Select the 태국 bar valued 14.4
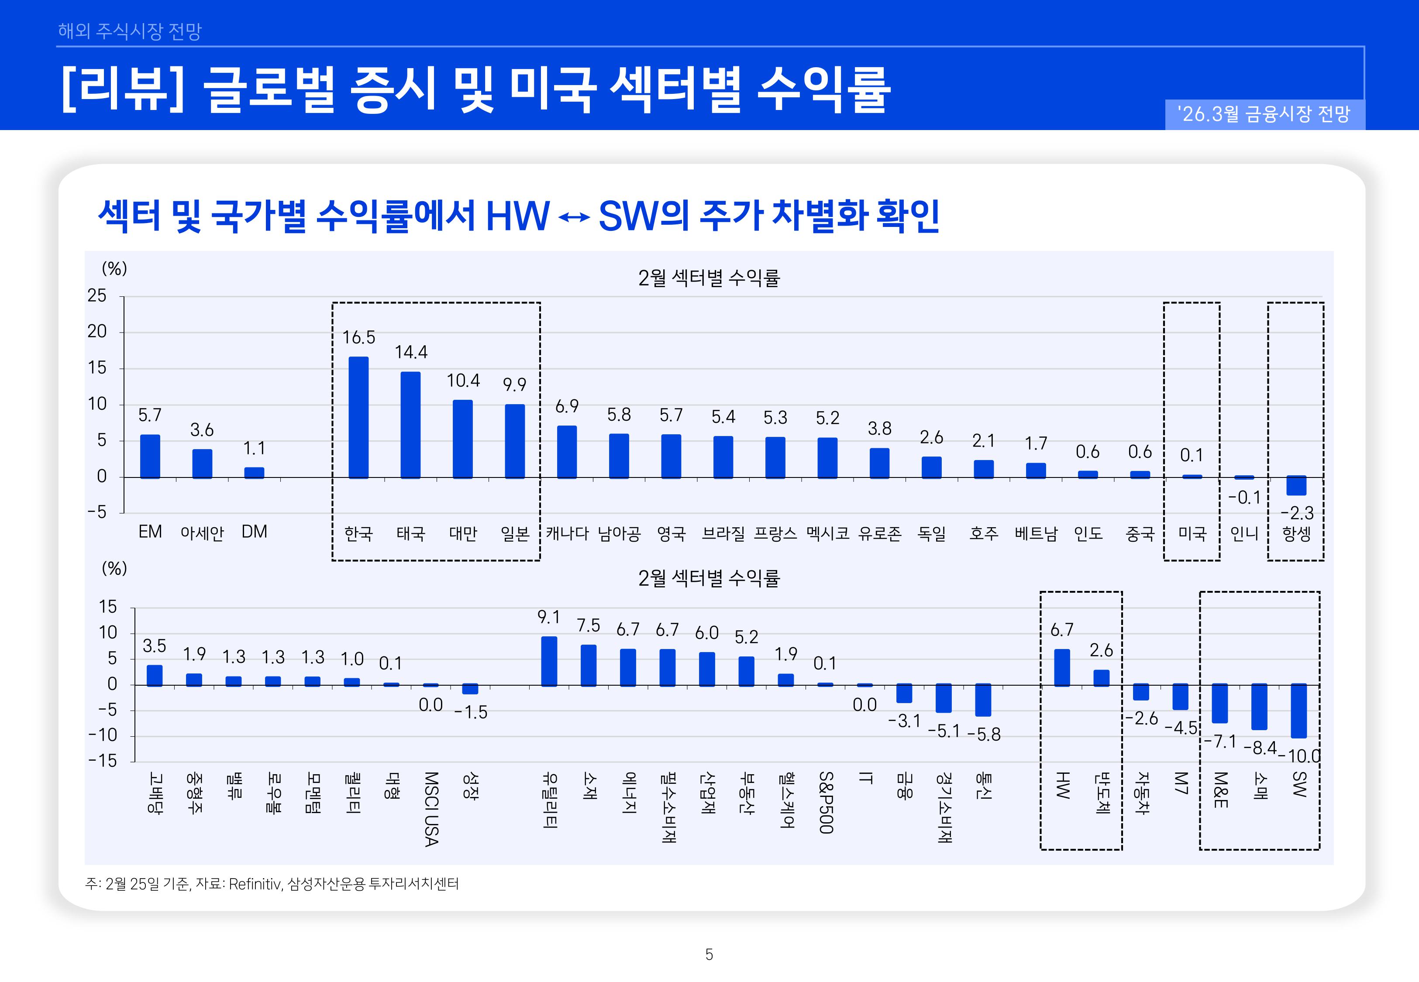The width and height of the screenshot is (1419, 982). click(410, 425)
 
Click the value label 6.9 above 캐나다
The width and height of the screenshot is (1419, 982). click(567, 406)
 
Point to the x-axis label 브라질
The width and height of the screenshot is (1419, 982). click(723, 533)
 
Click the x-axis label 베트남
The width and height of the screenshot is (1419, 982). click(1036, 533)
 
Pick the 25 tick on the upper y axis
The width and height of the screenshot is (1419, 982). click(96, 296)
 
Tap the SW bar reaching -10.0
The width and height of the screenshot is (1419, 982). click(1298, 711)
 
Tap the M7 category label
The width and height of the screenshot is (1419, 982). click(1180, 783)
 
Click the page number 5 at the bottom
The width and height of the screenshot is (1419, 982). click(709, 955)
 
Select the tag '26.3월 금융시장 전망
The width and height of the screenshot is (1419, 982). click(1264, 114)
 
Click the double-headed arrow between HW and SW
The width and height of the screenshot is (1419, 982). click(574, 217)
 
